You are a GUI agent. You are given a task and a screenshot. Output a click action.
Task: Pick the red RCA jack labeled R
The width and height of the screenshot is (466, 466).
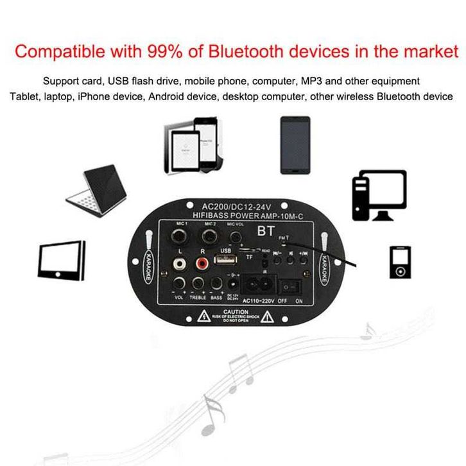coord(204,263)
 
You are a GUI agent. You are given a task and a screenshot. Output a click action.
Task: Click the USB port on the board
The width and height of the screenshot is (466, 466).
coord(225,262)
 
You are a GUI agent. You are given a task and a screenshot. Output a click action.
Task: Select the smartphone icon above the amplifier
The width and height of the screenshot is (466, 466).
coord(295,144)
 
